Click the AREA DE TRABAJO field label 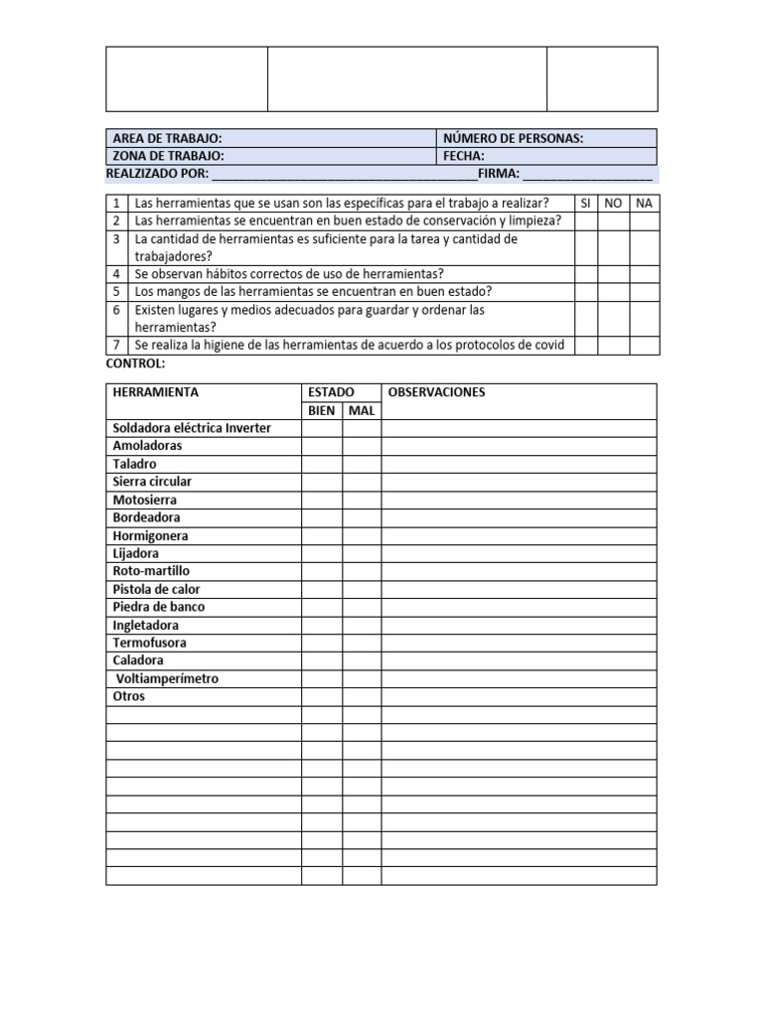pyautogui.click(x=167, y=139)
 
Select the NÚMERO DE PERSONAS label pyautogui.click(x=513, y=139)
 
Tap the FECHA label pyautogui.click(x=464, y=156)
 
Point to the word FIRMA pyautogui.click(x=499, y=174)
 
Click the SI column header pyautogui.click(x=585, y=203)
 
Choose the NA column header pyautogui.click(x=644, y=203)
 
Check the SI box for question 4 pyautogui.click(x=585, y=274)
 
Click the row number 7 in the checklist pyautogui.click(x=116, y=345)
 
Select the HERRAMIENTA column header pyautogui.click(x=155, y=392)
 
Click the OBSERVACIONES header pyautogui.click(x=437, y=392)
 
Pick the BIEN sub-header pyautogui.click(x=321, y=410)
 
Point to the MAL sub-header pyautogui.click(x=362, y=410)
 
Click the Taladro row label pyautogui.click(x=134, y=464)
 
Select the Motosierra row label pyautogui.click(x=145, y=500)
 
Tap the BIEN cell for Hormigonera pyautogui.click(x=322, y=535)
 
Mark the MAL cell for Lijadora pyautogui.click(x=362, y=553)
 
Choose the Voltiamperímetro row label pyautogui.click(x=168, y=678)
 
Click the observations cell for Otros pyautogui.click(x=519, y=696)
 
